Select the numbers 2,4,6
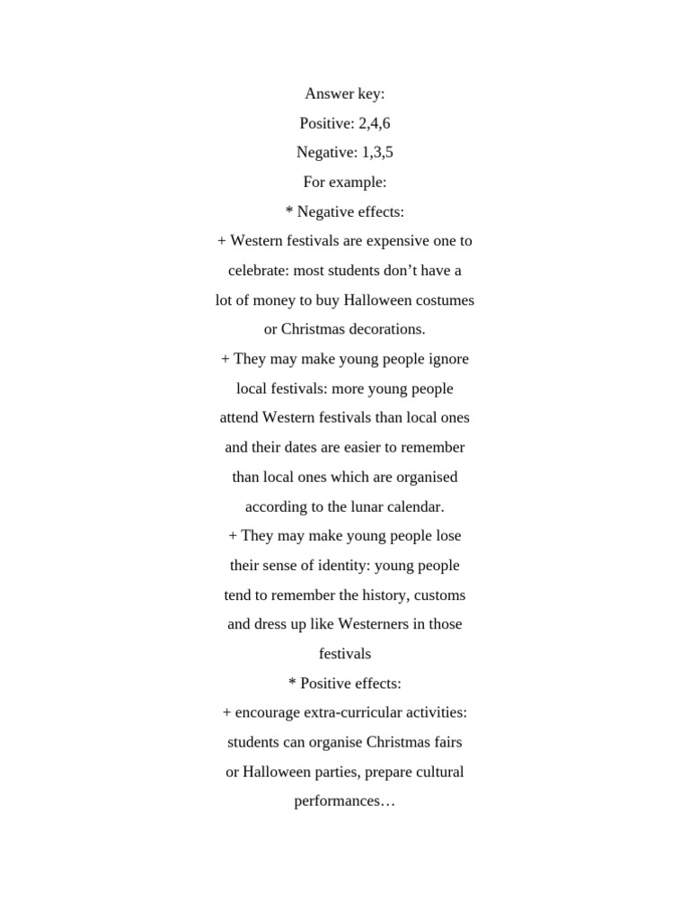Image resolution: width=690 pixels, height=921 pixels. click(374, 123)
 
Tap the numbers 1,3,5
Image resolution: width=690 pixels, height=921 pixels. click(377, 152)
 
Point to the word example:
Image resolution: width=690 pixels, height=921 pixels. click(358, 182)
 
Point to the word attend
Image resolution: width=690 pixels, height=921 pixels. click(239, 417)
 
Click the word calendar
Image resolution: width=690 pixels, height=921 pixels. click(415, 506)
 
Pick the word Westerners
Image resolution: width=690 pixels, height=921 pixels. click(370, 624)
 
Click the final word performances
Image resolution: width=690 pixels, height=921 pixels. click(345, 801)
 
